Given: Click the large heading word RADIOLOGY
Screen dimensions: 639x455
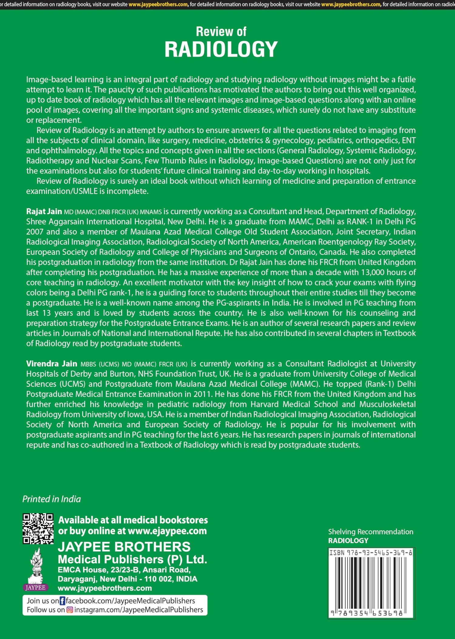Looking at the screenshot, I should coord(221,49).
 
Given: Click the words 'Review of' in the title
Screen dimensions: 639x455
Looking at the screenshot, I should coord(221,32).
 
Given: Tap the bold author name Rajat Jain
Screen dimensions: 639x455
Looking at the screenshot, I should coord(44,211).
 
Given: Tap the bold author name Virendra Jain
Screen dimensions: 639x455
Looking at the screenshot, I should coord(52,364).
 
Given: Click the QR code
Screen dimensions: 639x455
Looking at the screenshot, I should coord(38,528).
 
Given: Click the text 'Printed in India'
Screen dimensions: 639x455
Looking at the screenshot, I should coord(52,499).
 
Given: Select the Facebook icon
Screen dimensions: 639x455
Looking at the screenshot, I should coord(62,601).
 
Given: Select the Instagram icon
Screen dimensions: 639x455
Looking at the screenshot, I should coord(70,610).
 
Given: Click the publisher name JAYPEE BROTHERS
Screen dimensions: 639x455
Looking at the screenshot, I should coord(124,547).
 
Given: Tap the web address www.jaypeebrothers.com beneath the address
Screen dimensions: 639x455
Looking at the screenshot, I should coord(105,588).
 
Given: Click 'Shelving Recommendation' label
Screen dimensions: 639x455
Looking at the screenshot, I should coord(370,532).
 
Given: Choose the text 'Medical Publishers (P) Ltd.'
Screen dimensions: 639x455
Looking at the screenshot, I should coord(132,559).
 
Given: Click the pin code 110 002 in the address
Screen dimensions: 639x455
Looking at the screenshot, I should coord(159,579).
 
